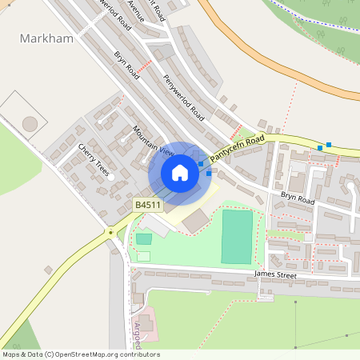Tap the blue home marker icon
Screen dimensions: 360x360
180,173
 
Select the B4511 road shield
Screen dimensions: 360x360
148,206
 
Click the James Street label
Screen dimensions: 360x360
275,275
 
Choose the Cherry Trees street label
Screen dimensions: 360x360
94,160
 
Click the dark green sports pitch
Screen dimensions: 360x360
237,237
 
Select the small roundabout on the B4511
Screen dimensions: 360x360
110,233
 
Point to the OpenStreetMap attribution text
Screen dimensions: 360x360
80,354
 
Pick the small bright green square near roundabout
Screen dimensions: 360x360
144,238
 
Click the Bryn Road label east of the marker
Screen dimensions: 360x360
298,198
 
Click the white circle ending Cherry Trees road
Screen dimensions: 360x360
112,176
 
